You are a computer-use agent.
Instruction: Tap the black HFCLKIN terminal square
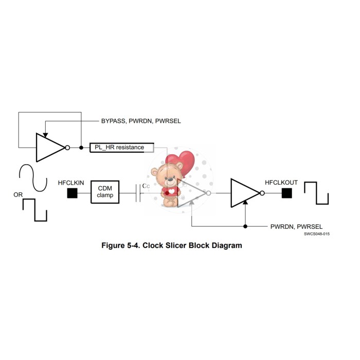point(73,193)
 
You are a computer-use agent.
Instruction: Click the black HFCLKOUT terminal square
point(286,193)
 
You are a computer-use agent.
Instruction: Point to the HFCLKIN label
point(71,183)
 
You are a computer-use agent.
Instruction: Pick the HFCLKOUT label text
point(281,183)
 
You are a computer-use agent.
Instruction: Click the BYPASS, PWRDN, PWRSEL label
point(140,121)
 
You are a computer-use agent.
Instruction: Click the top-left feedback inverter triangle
point(49,148)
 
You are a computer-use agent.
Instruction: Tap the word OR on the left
point(18,195)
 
